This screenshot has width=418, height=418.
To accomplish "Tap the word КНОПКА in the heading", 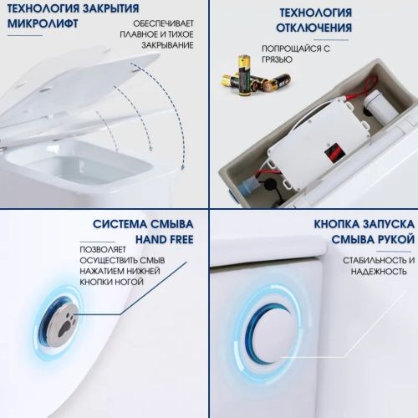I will [x=340, y=226].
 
